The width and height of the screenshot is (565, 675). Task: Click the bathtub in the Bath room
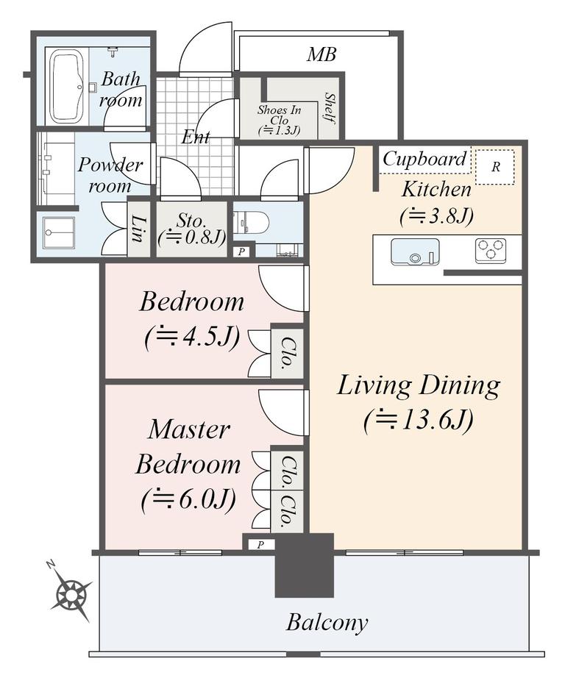(x=68, y=87)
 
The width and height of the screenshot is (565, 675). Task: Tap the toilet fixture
(x=251, y=223)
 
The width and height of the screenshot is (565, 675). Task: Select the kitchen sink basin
(x=415, y=251)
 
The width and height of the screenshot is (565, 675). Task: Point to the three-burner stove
(x=491, y=251)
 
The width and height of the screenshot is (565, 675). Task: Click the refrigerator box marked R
(x=495, y=167)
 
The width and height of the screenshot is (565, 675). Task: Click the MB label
(x=321, y=54)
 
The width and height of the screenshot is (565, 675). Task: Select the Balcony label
(x=327, y=623)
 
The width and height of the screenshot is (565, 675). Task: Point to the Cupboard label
(x=424, y=159)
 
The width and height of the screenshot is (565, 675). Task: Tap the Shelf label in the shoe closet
(x=330, y=107)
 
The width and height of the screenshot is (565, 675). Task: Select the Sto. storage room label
(x=191, y=221)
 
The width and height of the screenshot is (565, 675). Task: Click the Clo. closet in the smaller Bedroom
(x=286, y=354)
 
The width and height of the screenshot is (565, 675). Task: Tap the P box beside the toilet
(x=241, y=251)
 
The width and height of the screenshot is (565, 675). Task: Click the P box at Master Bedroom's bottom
(x=260, y=545)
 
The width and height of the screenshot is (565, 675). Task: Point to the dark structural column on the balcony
(x=305, y=565)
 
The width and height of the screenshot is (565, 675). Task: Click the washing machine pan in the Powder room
(x=59, y=232)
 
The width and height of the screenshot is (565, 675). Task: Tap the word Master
(x=189, y=429)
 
